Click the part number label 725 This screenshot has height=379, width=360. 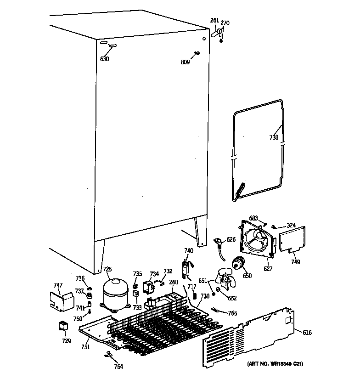(107, 270)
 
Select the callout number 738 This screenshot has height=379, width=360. (274, 137)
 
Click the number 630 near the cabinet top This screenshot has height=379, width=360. (105, 59)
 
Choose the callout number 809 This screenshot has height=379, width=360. (185, 62)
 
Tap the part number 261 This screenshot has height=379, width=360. (214, 20)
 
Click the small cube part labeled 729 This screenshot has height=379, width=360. (62, 327)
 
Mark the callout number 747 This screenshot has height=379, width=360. (58, 285)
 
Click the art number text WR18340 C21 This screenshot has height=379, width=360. (275, 364)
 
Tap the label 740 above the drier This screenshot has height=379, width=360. (189, 250)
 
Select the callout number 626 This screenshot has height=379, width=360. (231, 239)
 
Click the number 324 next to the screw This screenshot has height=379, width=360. (291, 225)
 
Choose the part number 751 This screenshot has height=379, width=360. (85, 348)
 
